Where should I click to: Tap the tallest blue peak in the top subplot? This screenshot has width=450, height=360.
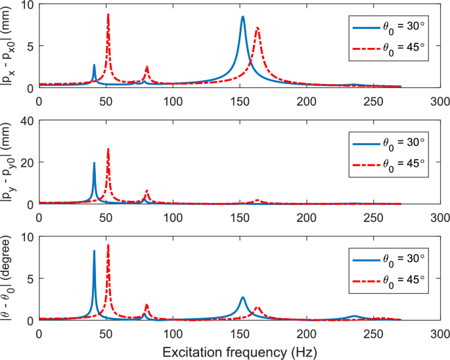[x=242, y=17]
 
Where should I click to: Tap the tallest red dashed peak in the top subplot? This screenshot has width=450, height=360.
[x=108, y=14]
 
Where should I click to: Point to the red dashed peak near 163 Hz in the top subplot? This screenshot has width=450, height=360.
[x=258, y=28]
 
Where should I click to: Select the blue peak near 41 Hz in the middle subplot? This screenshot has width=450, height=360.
[x=94, y=163]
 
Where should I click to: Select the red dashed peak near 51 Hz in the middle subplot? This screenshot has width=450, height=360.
[x=108, y=150]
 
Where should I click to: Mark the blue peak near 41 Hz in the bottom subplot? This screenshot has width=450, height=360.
[x=94, y=251]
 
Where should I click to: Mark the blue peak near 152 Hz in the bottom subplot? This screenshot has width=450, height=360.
[x=242, y=298]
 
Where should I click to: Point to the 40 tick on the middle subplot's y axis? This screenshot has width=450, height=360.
[x=27, y=121]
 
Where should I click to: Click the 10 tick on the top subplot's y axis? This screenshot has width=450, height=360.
[x=27, y=5]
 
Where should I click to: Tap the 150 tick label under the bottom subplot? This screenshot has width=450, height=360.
[x=240, y=333]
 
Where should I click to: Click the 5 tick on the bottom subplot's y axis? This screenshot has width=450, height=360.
[x=31, y=279]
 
